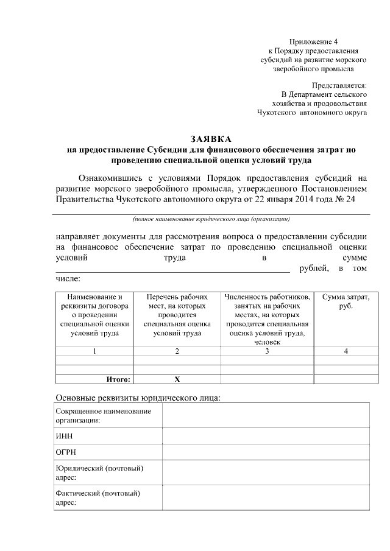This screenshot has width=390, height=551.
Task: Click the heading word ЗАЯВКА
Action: click(x=211, y=138)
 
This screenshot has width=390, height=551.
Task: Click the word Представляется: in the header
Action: click(x=339, y=85)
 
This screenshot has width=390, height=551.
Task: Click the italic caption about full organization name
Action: click(x=211, y=219)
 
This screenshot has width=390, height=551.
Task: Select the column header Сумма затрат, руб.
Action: click(x=346, y=301)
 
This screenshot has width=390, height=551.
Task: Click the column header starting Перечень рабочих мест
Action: click(x=177, y=315)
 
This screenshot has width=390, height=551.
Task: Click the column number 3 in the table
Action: click(x=267, y=351)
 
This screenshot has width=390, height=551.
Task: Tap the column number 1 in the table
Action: click(x=94, y=351)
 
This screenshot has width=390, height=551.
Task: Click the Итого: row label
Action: click(x=118, y=379)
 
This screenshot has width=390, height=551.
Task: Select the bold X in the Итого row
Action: click(x=177, y=379)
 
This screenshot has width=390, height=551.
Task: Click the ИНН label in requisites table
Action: click(x=64, y=436)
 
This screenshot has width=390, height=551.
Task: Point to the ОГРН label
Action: click(x=66, y=452)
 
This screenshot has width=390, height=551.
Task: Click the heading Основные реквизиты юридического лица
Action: click(x=138, y=398)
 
